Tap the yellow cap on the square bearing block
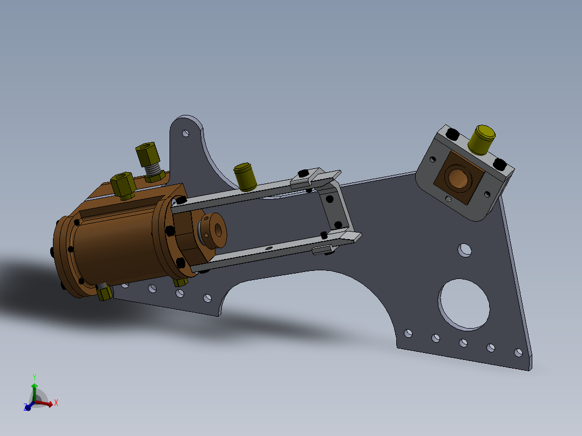(482, 139)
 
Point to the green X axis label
(34, 377)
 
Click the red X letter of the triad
(56, 402)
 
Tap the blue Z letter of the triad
(25, 407)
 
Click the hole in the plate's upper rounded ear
(185, 133)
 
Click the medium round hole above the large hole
(464, 250)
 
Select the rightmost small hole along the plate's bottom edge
(518, 352)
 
